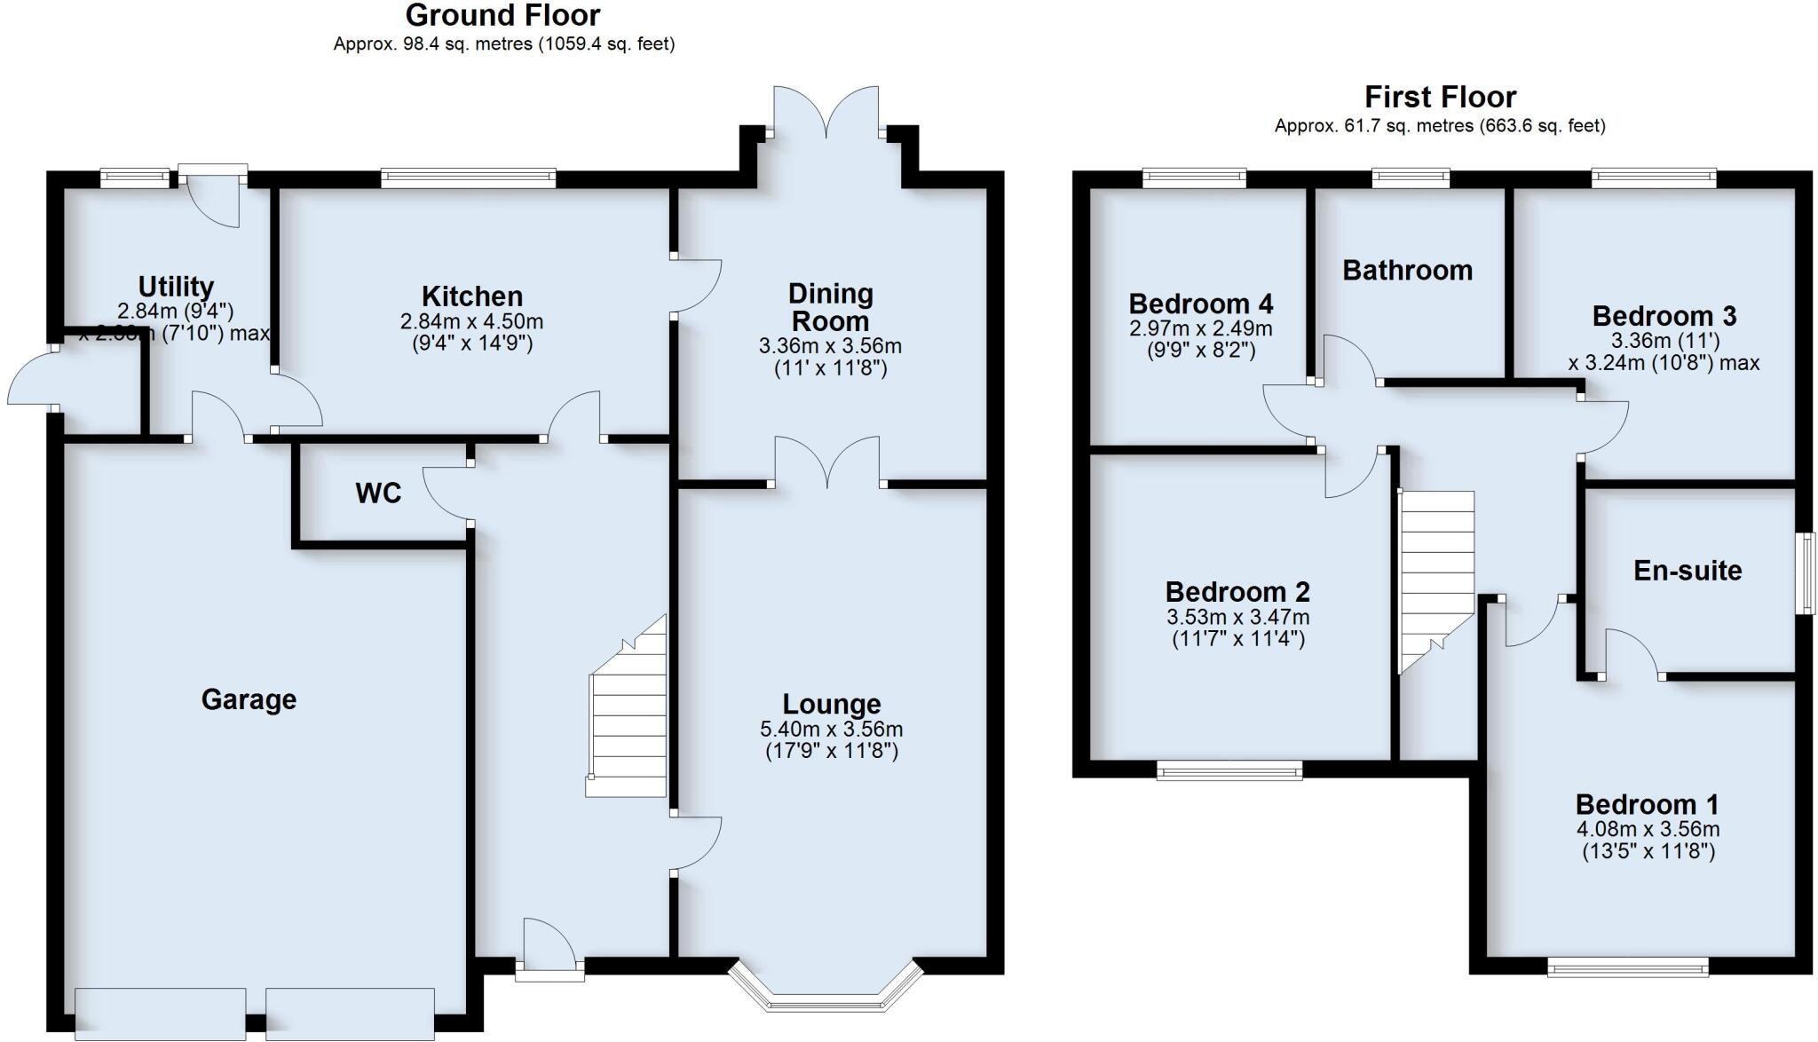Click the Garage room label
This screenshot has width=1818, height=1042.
click(249, 699)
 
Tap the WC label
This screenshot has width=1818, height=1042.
click(378, 493)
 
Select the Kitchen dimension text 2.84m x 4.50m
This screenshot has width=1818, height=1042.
click(471, 321)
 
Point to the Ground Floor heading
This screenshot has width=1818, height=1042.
click(502, 15)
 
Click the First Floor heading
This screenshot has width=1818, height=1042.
click(1440, 96)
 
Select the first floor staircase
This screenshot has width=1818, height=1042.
click(1435, 577)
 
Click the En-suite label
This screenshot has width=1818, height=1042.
click(1688, 570)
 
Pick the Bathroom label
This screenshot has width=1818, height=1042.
click(1407, 270)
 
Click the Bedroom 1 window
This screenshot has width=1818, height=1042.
click(1627, 967)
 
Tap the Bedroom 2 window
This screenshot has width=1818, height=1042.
click(1229, 770)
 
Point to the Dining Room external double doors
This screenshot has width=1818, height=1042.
click(826, 115)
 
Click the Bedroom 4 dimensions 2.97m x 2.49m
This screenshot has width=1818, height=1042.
click(1200, 328)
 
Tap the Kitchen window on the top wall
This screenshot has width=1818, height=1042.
click(469, 178)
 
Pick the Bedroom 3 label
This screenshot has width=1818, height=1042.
click(1664, 316)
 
